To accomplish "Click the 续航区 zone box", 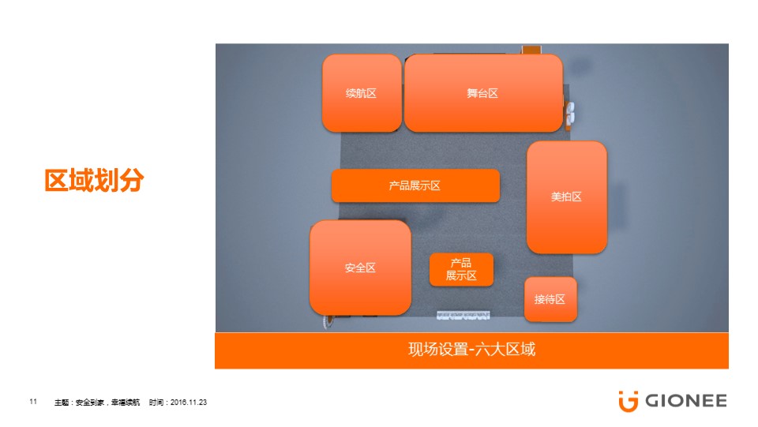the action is tap(362, 93).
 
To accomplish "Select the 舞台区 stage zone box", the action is tap(483, 93).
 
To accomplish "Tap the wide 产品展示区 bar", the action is tap(415, 185).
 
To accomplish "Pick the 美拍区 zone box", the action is tap(567, 197).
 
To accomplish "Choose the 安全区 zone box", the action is tap(360, 268).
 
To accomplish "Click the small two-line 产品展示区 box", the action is tap(461, 269).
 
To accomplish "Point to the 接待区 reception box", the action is tap(550, 299).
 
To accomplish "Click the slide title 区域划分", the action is tap(94, 180).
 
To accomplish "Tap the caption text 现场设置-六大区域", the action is tap(472, 349).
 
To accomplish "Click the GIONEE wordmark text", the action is tap(686, 401).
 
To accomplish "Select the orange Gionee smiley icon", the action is tap(628, 402).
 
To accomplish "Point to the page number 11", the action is tap(33, 402).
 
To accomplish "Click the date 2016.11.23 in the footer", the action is tap(189, 402).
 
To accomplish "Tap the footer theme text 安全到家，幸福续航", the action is tap(107, 403).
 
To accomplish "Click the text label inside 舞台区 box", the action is tap(482, 93).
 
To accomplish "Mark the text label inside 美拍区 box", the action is tap(566, 197).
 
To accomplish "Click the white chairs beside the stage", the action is tap(570, 113).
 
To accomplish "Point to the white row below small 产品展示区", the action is tap(463, 316).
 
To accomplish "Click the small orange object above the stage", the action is tap(531, 49).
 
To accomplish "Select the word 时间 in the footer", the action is tap(156, 403).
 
